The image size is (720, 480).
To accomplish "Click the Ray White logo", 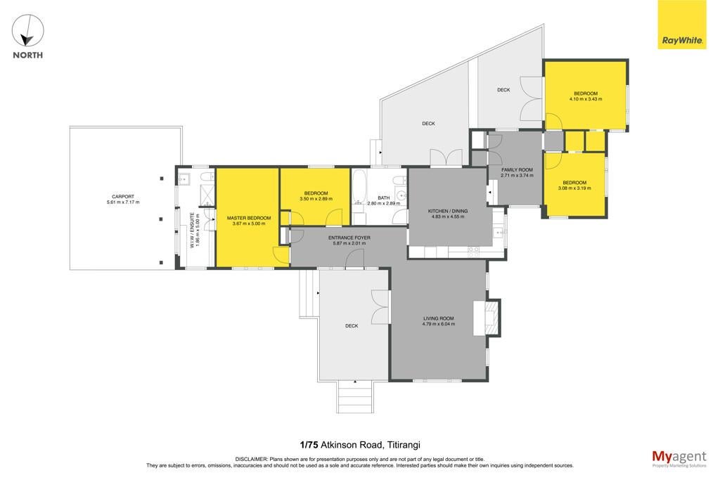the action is [682, 25].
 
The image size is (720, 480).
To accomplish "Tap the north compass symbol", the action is [27, 31].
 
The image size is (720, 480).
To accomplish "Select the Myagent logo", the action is [679, 459].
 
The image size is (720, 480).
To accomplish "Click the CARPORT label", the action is [123, 196].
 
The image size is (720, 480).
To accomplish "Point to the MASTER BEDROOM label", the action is [249, 218].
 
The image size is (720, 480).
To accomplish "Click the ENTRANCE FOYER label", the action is [349, 238].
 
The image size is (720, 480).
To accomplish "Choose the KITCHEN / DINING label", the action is [448, 211].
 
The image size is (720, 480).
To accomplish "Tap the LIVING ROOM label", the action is [439, 318].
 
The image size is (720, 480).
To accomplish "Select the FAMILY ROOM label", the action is [517, 170].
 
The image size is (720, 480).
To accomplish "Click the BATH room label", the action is [384, 197].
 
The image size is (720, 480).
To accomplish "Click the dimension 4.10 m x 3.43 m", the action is [586, 99].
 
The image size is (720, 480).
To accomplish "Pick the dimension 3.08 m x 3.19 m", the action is [574, 188].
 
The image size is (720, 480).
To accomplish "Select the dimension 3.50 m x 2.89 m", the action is [316, 199].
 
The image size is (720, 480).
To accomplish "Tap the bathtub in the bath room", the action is [359, 187].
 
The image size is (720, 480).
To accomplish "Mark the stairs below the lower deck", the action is [354, 397].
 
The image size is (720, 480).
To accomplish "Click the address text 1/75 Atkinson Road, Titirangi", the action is [360, 445].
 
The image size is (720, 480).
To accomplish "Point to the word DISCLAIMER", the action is [252, 459].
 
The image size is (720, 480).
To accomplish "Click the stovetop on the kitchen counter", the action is [473, 252].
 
